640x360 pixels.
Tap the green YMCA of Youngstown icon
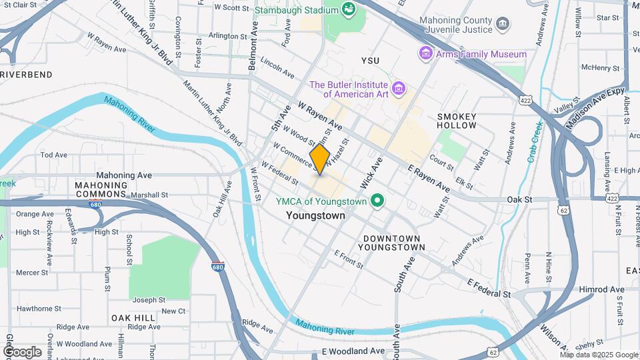[377, 200]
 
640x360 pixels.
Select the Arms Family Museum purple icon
[425, 53]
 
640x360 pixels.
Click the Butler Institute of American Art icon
[399, 89]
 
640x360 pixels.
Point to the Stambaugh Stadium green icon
[347, 9]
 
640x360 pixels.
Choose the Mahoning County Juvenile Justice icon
[503, 25]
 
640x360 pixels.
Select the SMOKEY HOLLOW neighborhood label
[457, 121]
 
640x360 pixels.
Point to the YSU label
[370, 61]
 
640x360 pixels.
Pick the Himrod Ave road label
[603, 289]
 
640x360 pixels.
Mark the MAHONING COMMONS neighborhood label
[101, 190]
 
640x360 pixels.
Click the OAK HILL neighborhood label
[133, 318]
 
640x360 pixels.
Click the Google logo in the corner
[22, 351]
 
